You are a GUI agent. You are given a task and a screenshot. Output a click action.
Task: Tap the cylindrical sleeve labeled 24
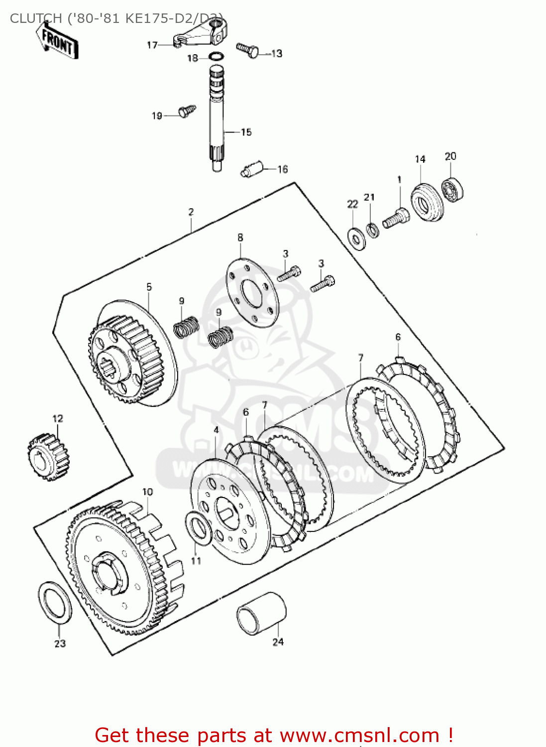pos(261,614)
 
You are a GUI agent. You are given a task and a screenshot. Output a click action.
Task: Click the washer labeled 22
pos(356,239)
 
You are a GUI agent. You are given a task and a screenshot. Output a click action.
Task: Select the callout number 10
pos(148,492)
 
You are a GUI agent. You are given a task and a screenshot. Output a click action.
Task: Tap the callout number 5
pos(149,287)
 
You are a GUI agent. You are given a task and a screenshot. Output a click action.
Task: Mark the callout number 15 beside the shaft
pos(246,132)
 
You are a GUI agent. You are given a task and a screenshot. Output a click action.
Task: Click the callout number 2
pos(191,212)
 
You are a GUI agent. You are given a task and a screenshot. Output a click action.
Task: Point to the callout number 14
pos(420,159)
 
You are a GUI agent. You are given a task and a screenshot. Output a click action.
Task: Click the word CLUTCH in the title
pos(36,18)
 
